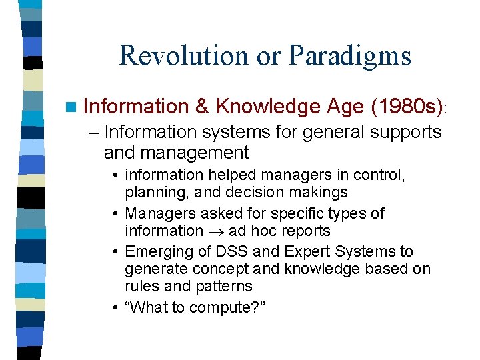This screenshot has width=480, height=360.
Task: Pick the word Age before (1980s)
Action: point(345,106)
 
